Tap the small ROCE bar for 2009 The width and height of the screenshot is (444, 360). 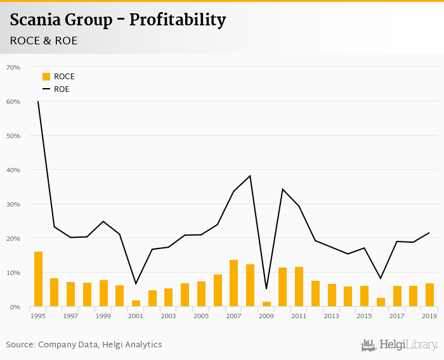pos(266,304)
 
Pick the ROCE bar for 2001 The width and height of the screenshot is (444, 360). pos(136,304)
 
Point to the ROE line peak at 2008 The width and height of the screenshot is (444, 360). pos(250,176)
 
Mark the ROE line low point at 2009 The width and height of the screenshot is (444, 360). pos(266,289)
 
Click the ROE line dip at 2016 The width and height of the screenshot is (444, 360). pos(381,279)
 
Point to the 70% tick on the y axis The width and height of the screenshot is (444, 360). pos(13,67)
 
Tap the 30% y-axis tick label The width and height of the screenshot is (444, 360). pos(13,204)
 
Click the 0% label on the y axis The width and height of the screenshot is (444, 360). pos(15,307)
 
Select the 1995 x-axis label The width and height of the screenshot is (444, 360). pos(38,316)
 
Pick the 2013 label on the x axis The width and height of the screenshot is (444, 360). pos(331,316)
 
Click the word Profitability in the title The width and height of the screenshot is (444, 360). pos(178,20)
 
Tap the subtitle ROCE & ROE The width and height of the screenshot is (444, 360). pos(44,41)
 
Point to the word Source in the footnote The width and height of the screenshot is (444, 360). pos(20,345)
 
